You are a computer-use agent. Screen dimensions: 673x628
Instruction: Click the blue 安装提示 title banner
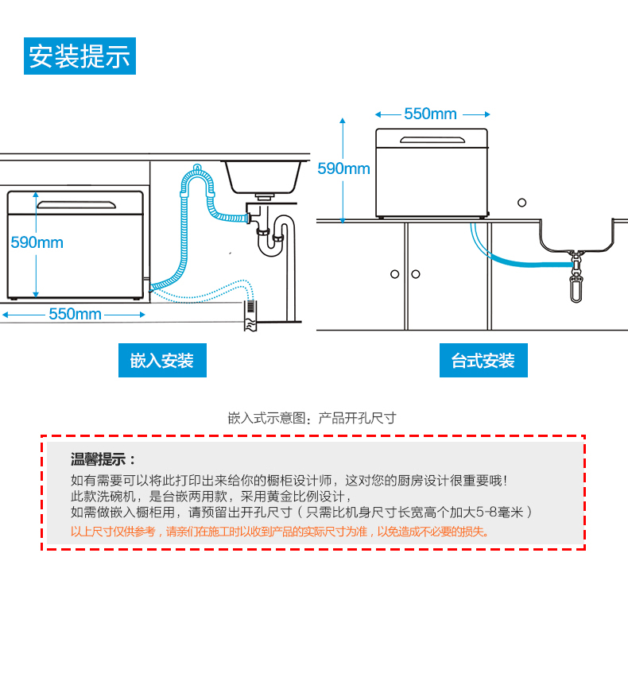(79, 56)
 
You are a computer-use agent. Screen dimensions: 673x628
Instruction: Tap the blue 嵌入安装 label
(162, 361)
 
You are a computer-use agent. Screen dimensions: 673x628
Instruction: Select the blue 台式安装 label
(483, 361)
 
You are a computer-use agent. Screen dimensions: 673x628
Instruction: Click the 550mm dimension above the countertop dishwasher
(430, 114)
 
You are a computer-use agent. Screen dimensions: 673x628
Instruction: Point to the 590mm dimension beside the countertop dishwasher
(343, 168)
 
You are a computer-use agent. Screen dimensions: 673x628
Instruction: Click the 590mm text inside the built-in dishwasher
(37, 242)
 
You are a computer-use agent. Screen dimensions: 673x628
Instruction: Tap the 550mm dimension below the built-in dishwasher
(75, 315)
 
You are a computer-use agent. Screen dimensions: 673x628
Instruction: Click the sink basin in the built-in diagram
(262, 176)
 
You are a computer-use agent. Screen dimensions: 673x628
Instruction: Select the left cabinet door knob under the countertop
(395, 274)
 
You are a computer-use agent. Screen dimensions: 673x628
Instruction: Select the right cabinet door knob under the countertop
(416, 274)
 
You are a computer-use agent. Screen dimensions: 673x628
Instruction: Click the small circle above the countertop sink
(522, 202)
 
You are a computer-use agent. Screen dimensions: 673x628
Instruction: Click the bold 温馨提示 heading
(103, 459)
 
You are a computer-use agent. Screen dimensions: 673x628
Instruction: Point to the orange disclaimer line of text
(281, 532)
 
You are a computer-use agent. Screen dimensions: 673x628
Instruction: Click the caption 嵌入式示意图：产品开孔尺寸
(312, 418)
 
